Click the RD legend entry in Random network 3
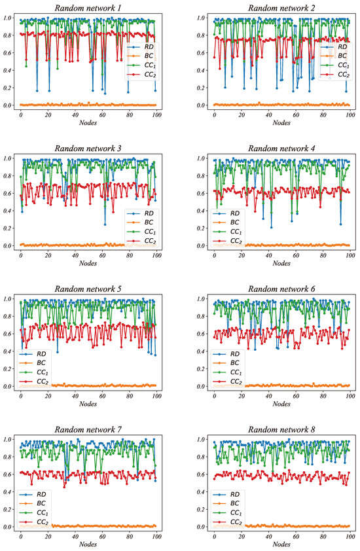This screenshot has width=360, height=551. tap(145, 213)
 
